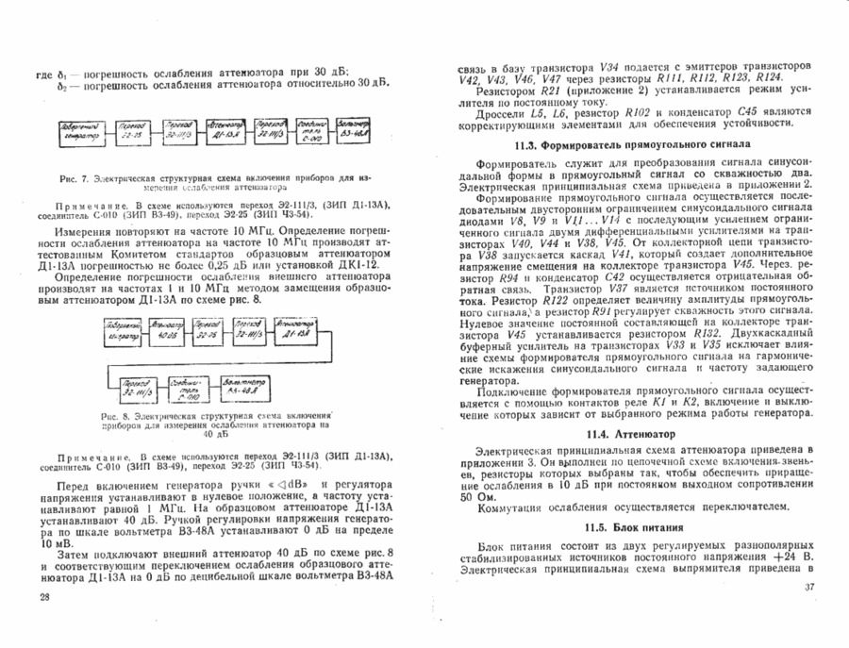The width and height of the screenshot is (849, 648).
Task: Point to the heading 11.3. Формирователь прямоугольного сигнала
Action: click(x=632, y=146)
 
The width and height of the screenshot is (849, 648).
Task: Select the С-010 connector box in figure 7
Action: click(x=312, y=128)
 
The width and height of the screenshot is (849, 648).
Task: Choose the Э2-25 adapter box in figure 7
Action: click(x=133, y=128)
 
